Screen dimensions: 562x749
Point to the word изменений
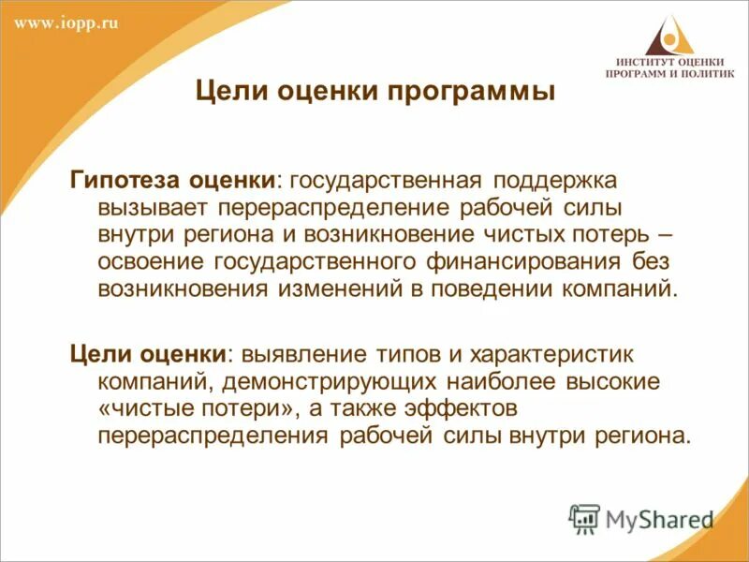coord(338,287)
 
